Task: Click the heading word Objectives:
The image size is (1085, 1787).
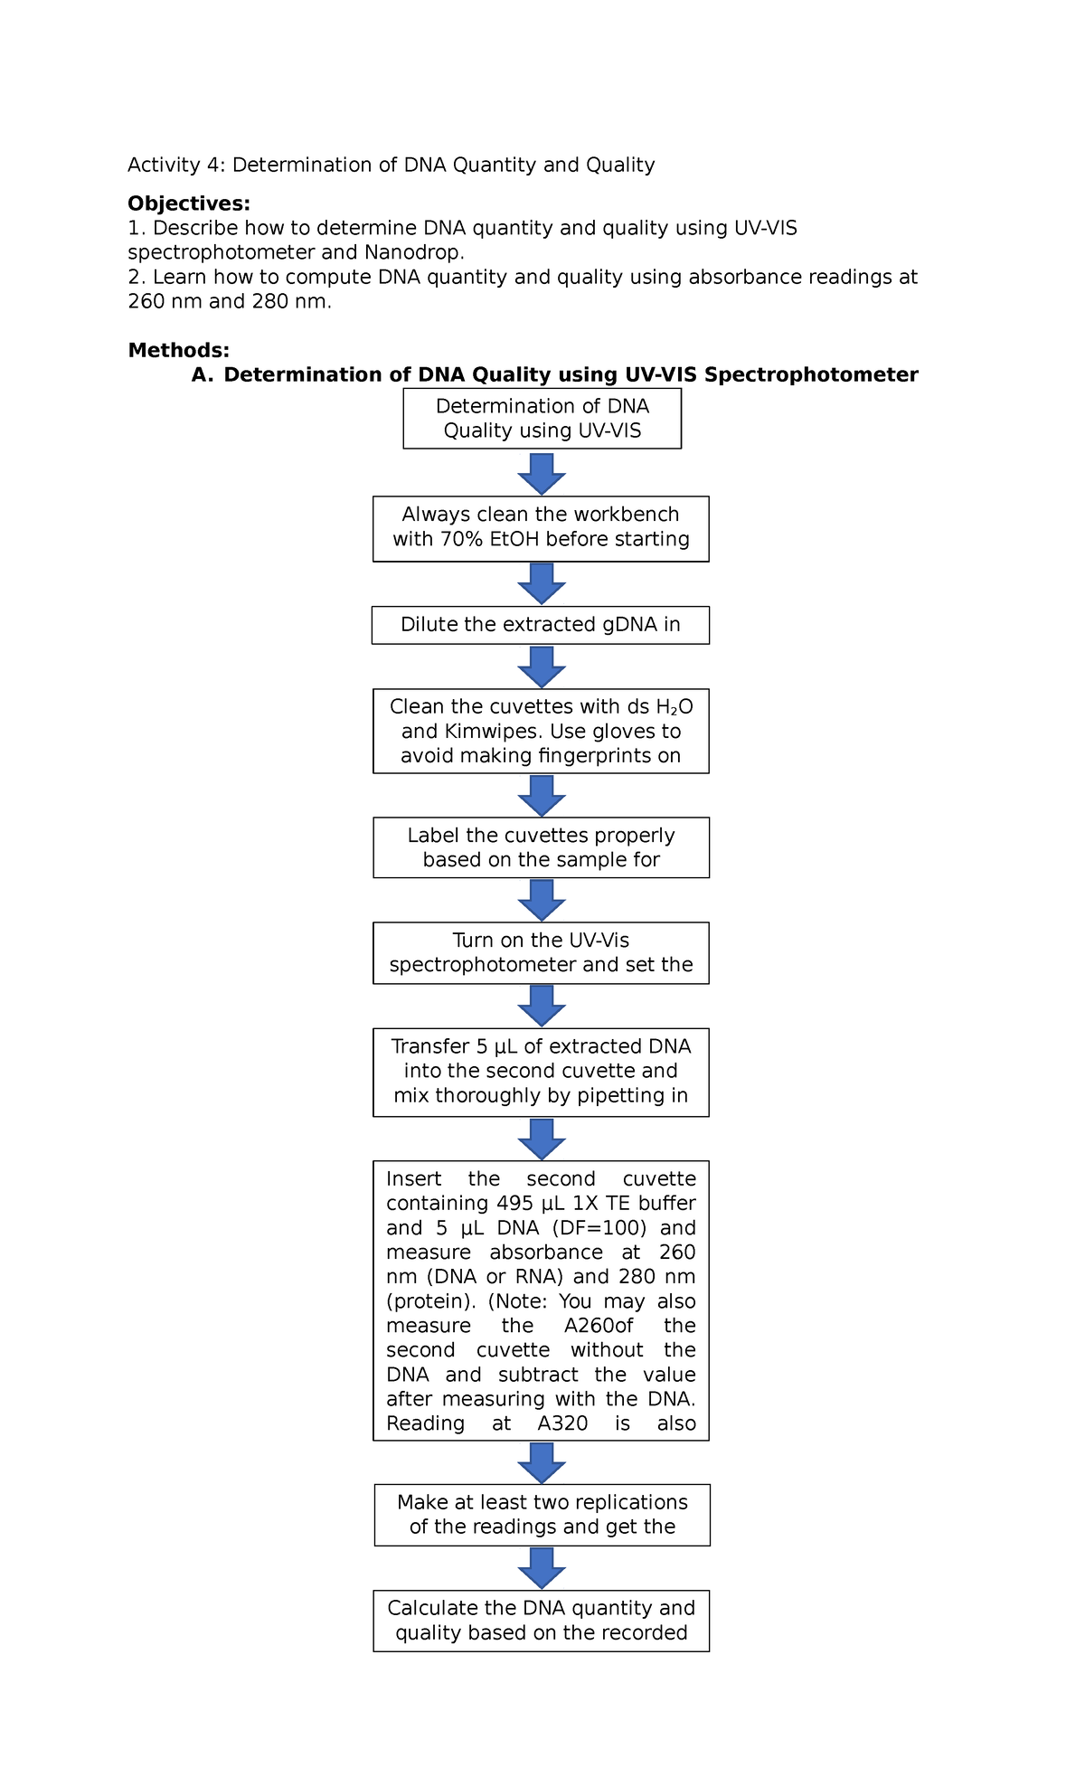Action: pyautogui.click(x=188, y=203)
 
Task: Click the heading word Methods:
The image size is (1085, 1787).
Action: pyautogui.click(x=178, y=350)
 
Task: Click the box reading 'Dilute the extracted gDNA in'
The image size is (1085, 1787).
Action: pyautogui.click(x=541, y=625)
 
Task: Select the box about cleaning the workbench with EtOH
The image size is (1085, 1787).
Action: pyautogui.click(x=541, y=528)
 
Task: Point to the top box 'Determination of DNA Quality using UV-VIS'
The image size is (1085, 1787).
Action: pyautogui.click(x=542, y=419)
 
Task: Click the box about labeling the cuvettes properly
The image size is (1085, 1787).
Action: pyautogui.click(x=541, y=847)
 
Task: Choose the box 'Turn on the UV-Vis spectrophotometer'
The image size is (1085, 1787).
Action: pyautogui.click(x=541, y=953)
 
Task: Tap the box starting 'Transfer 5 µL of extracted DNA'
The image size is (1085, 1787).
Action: pyautogui.click(x=541, y=1072)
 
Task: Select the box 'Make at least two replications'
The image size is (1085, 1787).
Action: pyautogui.click(x=542, y=1515)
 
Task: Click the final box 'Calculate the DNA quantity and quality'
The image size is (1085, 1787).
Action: pyautogui.click(x=541, y=1621)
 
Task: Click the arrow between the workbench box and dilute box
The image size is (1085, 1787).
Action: pyautogui.click(x=542, y=583)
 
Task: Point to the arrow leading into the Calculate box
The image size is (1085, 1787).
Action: pyautogui.click(x=542, y=1567)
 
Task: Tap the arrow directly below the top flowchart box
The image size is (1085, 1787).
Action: pyautogui.click(x=542, y=473)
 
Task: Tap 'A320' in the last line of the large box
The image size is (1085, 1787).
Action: pyautogui.click(x=562, y=1423)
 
